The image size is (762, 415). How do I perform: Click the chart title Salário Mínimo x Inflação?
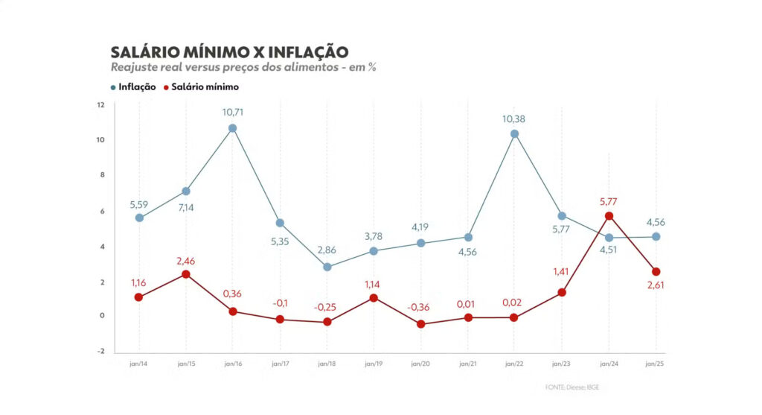pyautogui.click(x=229, y=52)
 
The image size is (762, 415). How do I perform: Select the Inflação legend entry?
pyautogui.click(x=133, y=86)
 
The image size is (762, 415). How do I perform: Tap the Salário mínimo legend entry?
pyautogui.click(x=200, y=86)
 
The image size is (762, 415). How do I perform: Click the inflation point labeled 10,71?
pyautogui.click(x=233, y=128)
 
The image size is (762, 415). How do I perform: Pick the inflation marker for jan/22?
pyautogui.click(x=514, y=134)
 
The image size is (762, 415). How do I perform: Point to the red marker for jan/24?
pyautogui.click(x=609, y=216)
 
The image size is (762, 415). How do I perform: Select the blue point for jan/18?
pyautogui.click(x=327, y=267)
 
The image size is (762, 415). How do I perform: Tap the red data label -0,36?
pyautogui.click(x=420, y=308)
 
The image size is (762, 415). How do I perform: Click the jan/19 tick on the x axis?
pyautogui.click(x=374, y=364)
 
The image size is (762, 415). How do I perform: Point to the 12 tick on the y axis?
pyautogui.click(x=100, y=104)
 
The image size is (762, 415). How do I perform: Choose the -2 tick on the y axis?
pyautogui.click(x=100, y=352)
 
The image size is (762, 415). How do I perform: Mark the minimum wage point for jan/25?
pyautogui.click(x=656, y=272)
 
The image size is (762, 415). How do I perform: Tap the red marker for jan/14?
pyautogui.click(x=139, y=297)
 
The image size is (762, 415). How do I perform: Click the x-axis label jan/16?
pyautogui.click(x=233, y=364)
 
